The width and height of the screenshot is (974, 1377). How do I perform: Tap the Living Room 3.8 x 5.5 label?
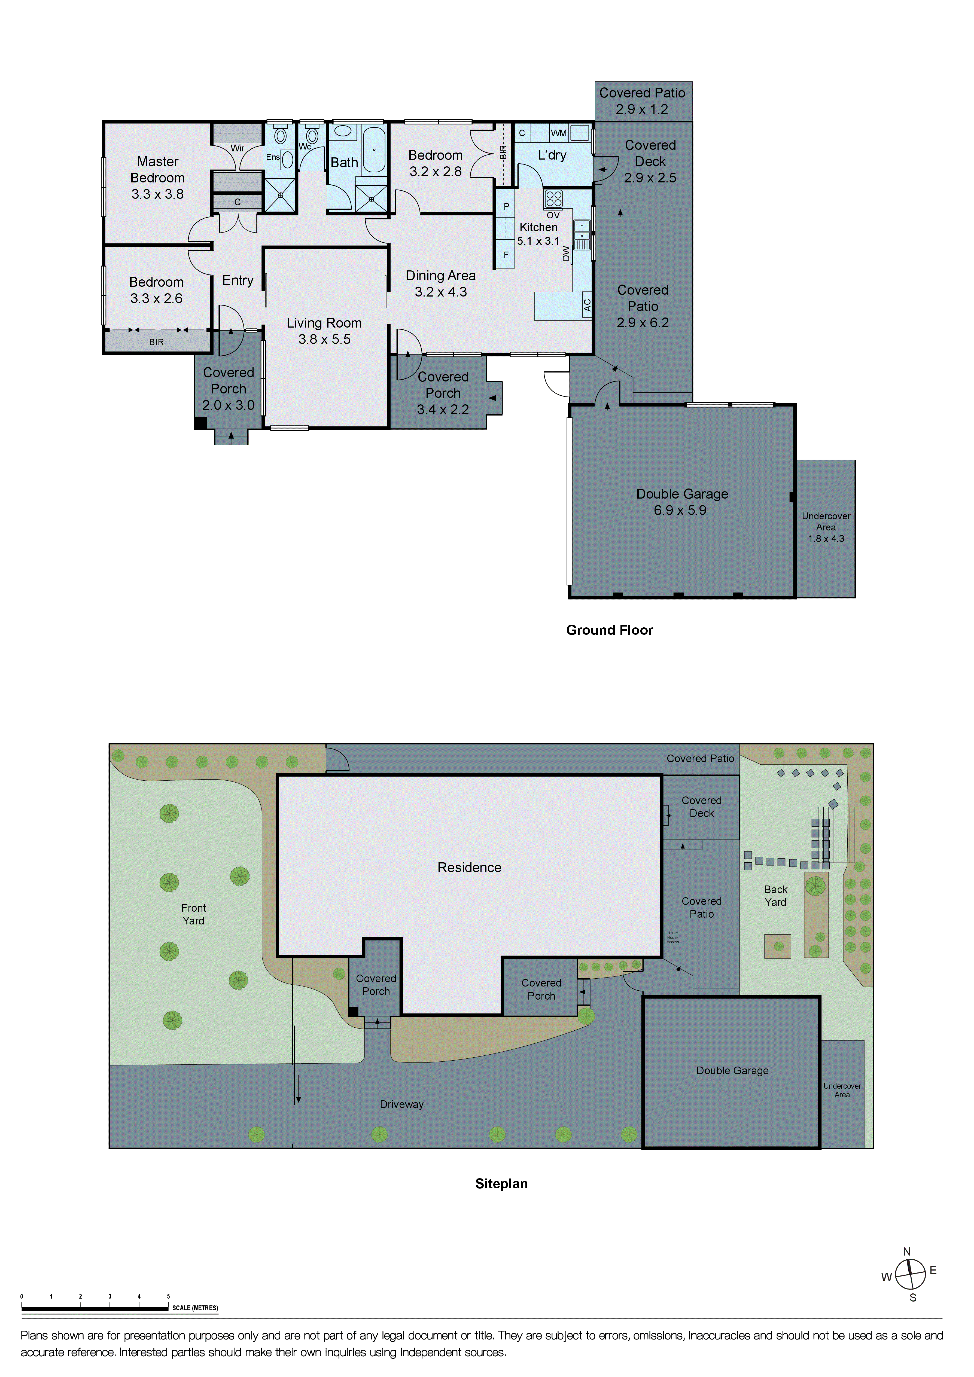point(324,331)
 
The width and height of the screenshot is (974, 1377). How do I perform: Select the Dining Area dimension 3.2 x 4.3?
point(441,292)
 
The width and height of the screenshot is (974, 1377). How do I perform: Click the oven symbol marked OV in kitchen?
point(553,199)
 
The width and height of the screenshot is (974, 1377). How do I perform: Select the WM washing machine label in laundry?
point(558,133)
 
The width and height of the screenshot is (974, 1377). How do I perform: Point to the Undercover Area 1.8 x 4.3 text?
point(826,527)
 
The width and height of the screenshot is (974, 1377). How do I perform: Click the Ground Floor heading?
point(609,630)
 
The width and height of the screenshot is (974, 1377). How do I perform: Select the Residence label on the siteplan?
point(469,867)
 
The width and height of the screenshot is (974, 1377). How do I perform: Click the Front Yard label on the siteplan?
point(193,914)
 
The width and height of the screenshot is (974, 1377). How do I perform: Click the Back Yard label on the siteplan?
point(775,895)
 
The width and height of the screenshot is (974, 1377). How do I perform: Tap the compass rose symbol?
point(910,1274)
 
